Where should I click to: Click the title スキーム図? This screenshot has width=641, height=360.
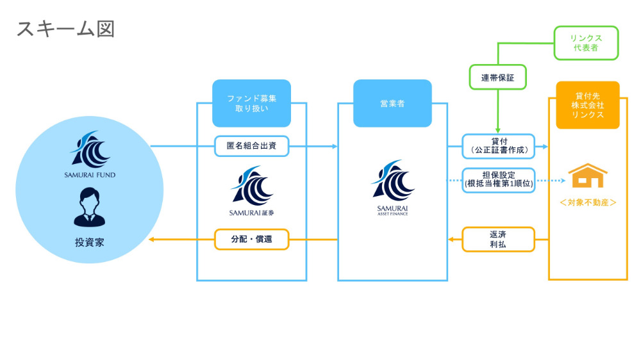65,29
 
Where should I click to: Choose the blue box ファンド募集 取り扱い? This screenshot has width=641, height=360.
251,103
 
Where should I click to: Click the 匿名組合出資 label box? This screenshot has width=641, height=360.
251,147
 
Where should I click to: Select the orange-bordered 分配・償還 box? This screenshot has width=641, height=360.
251,240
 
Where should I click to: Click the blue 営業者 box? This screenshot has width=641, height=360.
392,103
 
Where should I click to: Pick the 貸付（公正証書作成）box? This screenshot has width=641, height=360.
498,147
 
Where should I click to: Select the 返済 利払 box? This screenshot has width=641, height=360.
498,240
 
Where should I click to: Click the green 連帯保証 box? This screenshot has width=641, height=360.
497,77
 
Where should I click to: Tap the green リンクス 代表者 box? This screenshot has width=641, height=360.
586,43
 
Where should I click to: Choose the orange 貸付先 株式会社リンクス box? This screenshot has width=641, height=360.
588,105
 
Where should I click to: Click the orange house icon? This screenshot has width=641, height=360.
588,176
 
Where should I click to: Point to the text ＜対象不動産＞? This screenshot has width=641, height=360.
588,202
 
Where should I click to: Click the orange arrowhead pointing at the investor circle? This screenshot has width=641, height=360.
151,240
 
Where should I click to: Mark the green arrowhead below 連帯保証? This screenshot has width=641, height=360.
497,130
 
